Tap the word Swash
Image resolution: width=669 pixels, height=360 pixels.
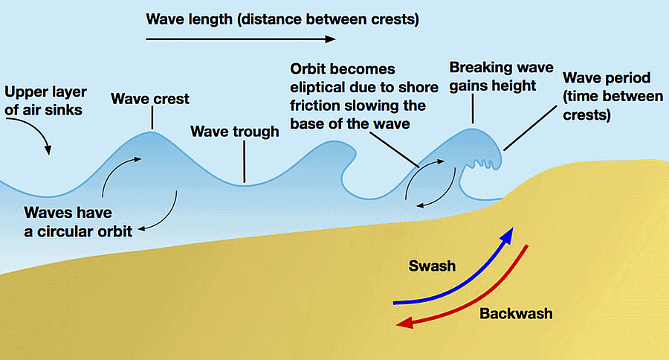(432, 266)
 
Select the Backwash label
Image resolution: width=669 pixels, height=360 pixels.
(516, 313)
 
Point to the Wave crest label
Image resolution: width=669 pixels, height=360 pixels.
(149, 99)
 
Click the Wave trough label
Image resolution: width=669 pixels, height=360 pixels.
(235, 132)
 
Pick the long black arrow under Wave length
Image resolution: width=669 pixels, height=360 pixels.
(241, 39)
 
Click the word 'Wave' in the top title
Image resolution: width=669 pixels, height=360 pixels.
(165, 19)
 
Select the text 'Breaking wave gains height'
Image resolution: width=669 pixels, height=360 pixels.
(501, 77)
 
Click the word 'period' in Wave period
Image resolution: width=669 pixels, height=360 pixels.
(627, 77)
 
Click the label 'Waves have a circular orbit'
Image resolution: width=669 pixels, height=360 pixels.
(78, 222)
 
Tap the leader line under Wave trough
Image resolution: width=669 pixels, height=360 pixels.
(245, 162)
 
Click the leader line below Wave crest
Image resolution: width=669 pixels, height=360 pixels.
(152, 118)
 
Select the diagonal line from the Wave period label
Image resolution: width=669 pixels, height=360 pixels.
(530, 128)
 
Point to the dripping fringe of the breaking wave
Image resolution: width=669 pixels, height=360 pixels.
(483, 164)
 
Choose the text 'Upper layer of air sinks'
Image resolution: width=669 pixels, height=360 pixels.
(45, 100)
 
